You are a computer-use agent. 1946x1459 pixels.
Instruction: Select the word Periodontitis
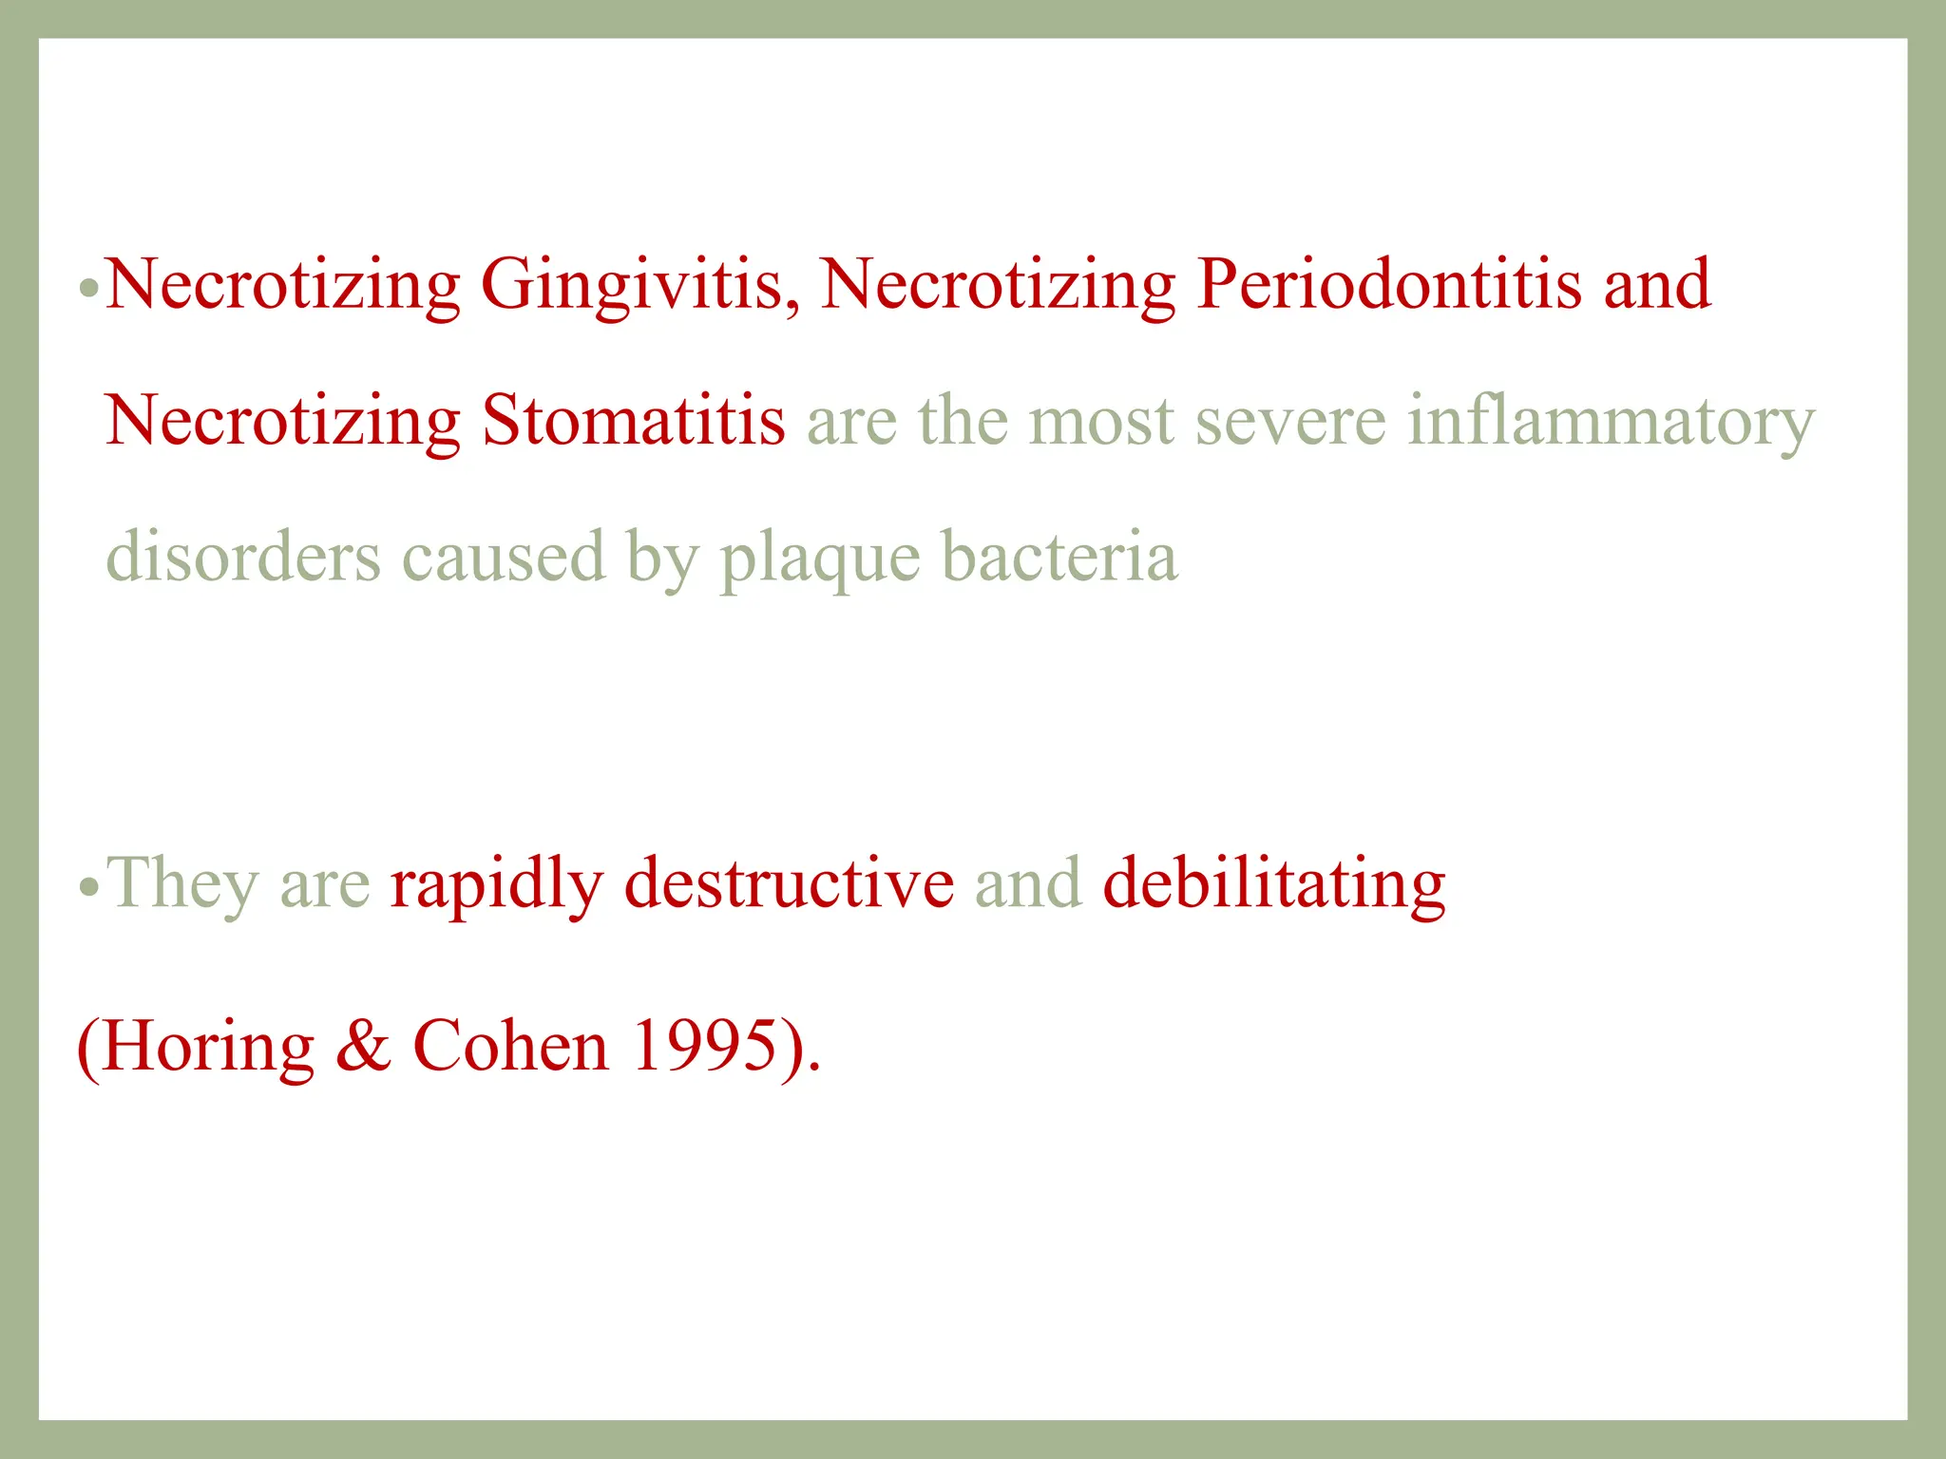[x=1388, y=285]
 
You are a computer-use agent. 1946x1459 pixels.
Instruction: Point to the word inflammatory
[x=1611, y=420]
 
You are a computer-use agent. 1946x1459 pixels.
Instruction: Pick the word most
[x=1101, y=420]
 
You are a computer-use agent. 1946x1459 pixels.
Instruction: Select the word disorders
[x=243, y=557]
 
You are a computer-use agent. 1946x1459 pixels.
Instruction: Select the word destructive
[x=789, y=883]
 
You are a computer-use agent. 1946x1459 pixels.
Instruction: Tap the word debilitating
[x=1274, y=883]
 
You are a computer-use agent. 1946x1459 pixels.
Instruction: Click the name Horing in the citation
[x=208, y=1047]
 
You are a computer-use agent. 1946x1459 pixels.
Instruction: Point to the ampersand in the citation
[x=363, y=1047]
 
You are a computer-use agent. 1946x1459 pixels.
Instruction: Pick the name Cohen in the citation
[x=510, y=1047]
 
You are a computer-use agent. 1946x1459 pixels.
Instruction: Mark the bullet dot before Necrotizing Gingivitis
[x=89, y=289]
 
